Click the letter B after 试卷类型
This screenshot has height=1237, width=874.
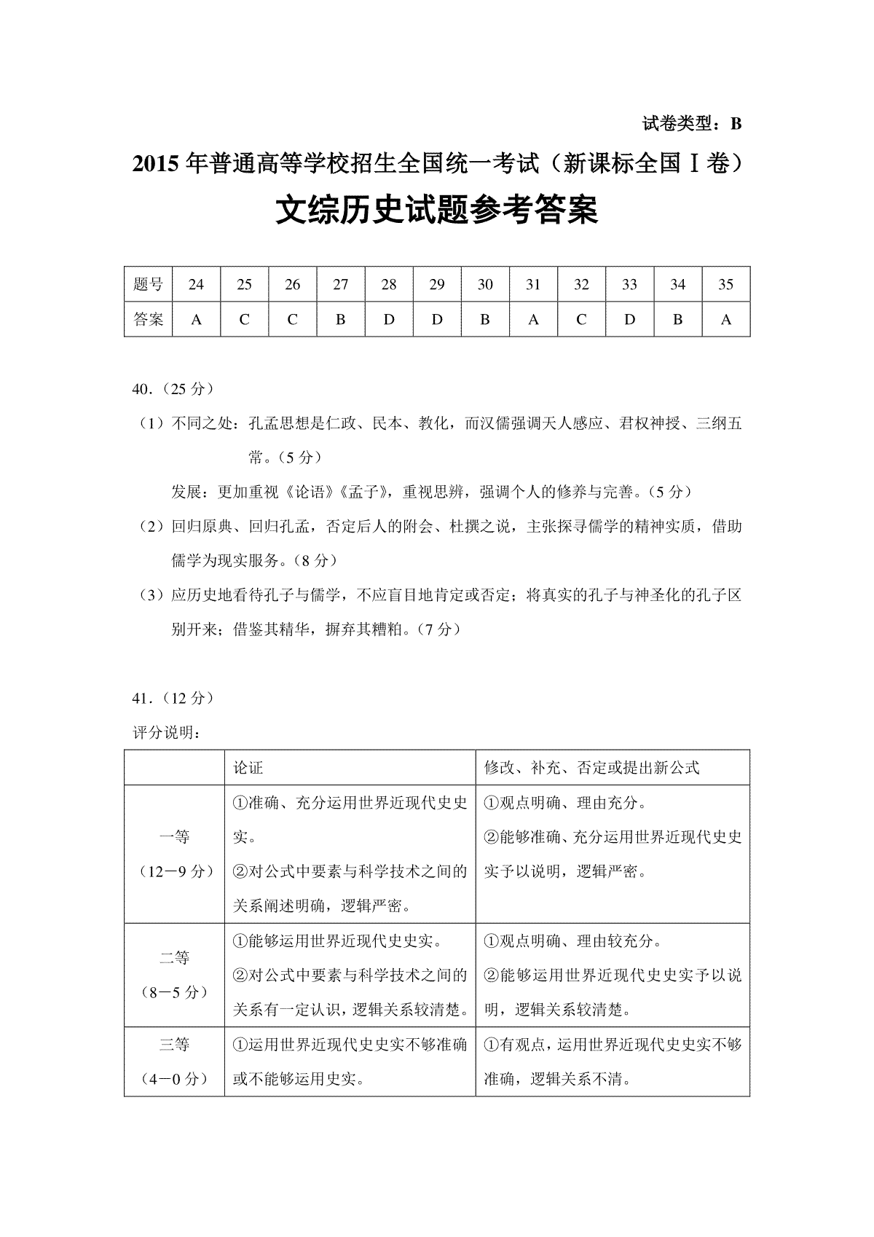[736, 124]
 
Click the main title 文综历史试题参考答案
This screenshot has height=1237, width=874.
[436, 211]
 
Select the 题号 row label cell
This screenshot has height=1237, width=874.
[149, 285]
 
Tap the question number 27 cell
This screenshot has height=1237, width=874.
[340, 285]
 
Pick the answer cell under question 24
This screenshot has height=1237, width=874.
[196, 319]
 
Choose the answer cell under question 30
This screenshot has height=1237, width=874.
[485, 319]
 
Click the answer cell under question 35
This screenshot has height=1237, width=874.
[725, 319]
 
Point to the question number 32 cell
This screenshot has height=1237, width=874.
[581, 285]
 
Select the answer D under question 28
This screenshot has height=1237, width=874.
[389, 319]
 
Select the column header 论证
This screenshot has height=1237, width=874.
[248, 768]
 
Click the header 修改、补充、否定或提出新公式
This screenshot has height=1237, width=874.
[591, 768]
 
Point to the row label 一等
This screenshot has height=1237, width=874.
[174, 837]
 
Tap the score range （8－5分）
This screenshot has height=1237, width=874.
[174, 992]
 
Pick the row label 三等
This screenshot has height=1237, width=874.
[174, 1045]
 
